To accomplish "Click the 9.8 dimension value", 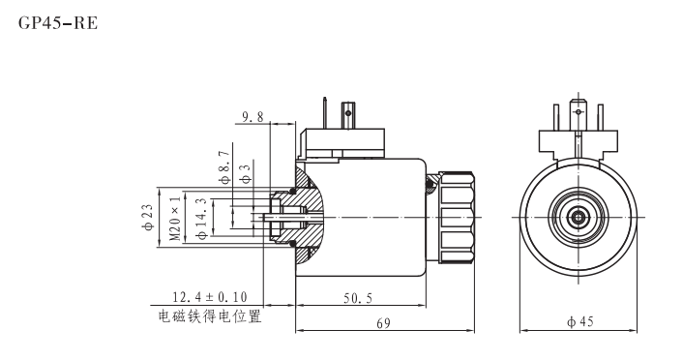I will [253, 117].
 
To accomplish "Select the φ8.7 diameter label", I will [224, 165].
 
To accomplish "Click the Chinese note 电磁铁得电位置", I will [209, 315].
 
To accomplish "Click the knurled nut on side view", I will [457, 218].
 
